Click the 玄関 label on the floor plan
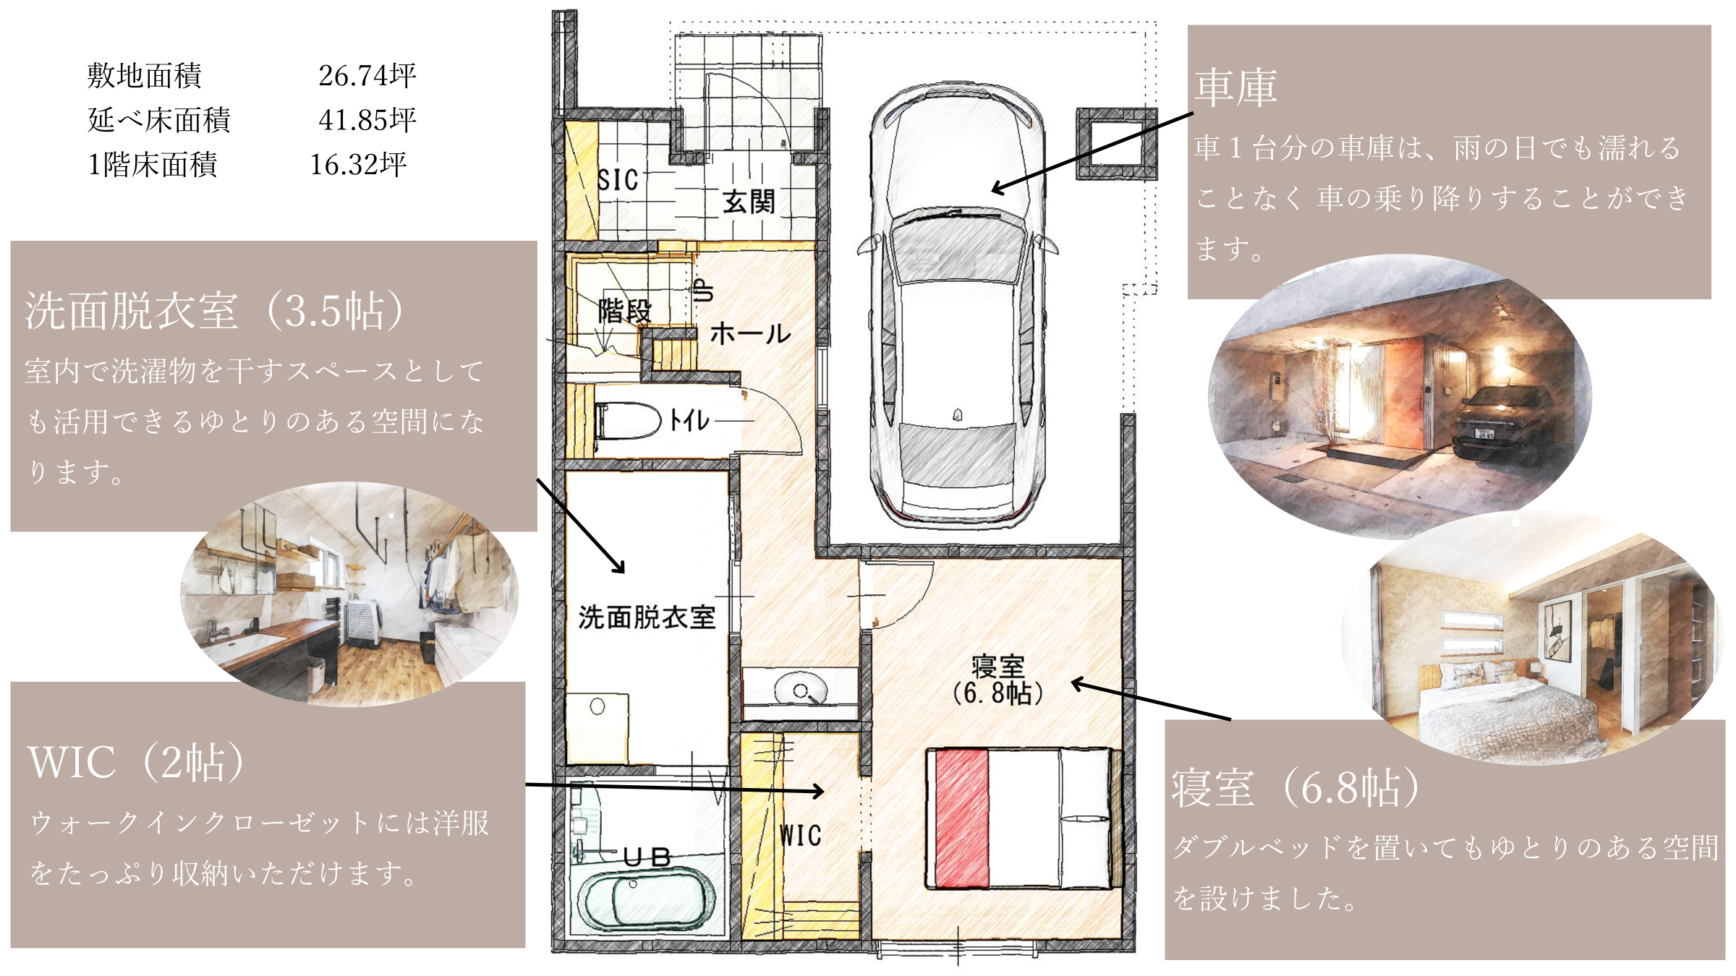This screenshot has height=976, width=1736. (749, 202)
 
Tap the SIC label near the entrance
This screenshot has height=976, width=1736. (618, 180)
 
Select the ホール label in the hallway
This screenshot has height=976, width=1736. (750, 333)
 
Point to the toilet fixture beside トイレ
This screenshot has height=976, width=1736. (627, 420)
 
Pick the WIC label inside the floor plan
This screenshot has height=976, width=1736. (801, 835)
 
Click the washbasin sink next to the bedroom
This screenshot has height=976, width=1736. (800, 689)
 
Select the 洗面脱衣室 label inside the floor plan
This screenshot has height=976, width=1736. (647, 617)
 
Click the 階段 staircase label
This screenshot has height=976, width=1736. (625, 312)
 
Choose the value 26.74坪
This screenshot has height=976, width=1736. (367, 75)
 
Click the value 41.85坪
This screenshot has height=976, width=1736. (367, 120)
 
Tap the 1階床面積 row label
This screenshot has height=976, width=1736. (152, 165)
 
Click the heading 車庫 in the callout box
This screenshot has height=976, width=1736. (1235, 87)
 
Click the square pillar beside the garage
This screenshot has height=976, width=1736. (1117, 144)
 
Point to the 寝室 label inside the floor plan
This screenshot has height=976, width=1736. (997, 666)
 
